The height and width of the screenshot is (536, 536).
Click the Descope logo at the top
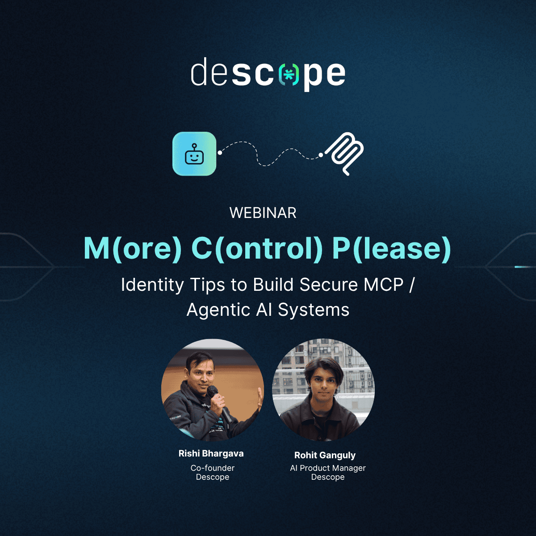coord(268,74)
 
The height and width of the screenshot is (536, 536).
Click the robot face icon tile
coord(194,154)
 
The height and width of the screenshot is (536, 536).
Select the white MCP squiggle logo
coord(345,154)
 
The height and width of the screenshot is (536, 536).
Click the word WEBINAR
coord(263,213)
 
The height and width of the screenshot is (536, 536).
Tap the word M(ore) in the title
coord(133,249)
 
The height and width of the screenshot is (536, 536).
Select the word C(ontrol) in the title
coord(257,249)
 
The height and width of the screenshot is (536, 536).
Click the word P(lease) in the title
coord(392,249)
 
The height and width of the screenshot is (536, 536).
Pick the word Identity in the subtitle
coord(152,285)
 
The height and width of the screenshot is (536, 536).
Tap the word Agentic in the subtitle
coord(218,310)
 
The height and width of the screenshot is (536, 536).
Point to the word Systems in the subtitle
coord(314,310)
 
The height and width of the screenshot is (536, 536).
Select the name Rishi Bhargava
coord(211,453)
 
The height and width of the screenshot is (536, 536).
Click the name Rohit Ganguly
coord(325,455)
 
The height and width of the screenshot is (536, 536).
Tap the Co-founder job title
coord(213,468)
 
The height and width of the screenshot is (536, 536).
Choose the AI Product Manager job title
coord(328,468)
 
